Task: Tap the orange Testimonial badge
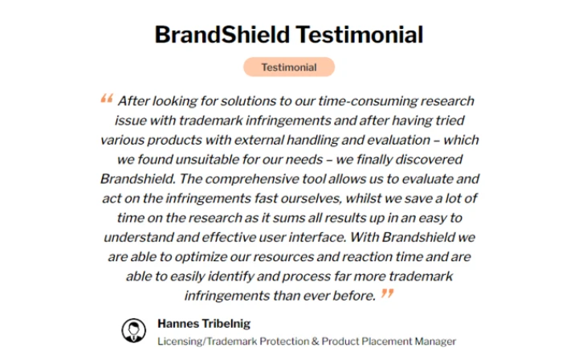click(288, 67)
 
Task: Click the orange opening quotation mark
click(106, 100)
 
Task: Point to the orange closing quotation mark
click(387, 293)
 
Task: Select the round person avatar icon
click(133, 329)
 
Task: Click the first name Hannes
click(176, 324)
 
